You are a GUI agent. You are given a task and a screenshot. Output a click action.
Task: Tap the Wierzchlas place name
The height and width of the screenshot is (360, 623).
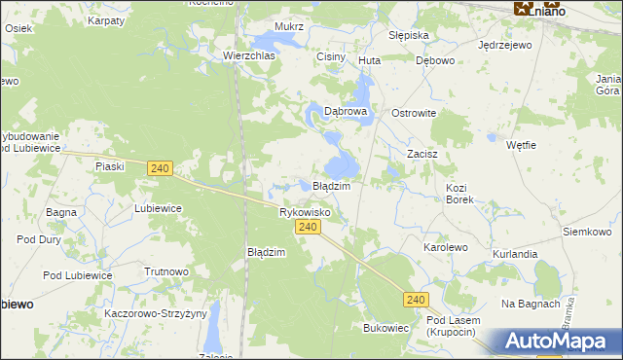[249, 56]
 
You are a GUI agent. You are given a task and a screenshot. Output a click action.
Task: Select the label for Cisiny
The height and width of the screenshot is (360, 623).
[331, 57]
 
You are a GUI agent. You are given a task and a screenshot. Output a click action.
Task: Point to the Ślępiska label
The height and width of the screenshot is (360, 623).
[409, 35]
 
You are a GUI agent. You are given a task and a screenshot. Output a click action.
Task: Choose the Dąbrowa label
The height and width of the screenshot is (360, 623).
[346, 112]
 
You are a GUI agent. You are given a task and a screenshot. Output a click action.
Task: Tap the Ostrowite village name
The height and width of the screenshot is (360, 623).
[414, 113]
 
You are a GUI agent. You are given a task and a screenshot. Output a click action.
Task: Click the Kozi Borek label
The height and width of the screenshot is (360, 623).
[458, 193]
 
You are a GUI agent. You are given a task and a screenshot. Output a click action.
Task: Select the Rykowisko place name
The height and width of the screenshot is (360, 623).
[305, 211]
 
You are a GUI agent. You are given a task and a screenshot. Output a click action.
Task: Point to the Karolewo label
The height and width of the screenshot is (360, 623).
[445, 248]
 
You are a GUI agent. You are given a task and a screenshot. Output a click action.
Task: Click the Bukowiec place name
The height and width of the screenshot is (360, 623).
[385, 328]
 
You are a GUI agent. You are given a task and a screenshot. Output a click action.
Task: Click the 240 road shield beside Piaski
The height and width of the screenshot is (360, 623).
[162, 168]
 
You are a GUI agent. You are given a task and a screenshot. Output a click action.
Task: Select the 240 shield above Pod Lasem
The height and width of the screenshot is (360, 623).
[416, 301]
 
